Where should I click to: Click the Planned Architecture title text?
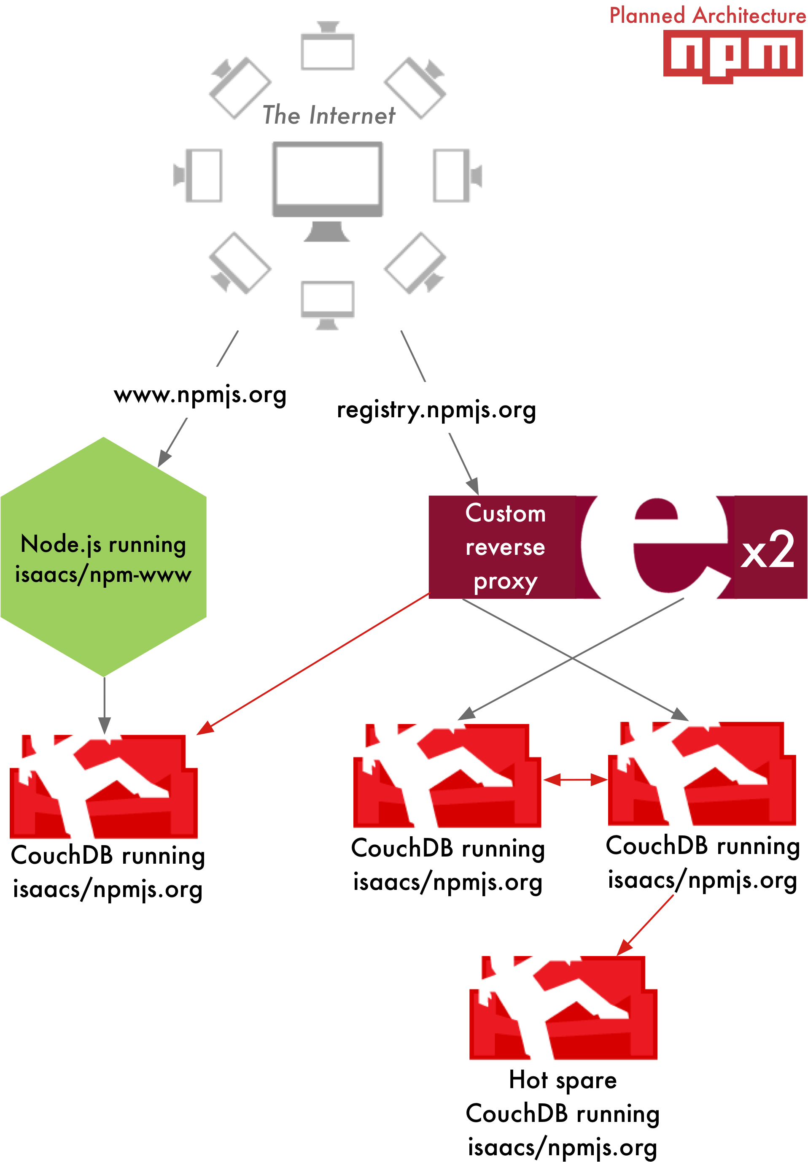pyautogui.click(x=707, y=15)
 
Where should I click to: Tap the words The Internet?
pyautogui.click(x=329, y=115)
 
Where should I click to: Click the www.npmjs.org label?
pyautogui.click(x=200, y=395)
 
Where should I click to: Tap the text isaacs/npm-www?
pyautogui.click(x=103, y=574)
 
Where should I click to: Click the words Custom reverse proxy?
pyautogui.click(x=504, y=547)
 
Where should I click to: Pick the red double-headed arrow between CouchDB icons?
pyautogui.click(x=575, y=780)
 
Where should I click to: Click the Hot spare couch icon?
pyautogui.click(x=563, y=1007)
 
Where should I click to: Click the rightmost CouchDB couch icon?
pyautogui.click(x=701, y=774)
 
